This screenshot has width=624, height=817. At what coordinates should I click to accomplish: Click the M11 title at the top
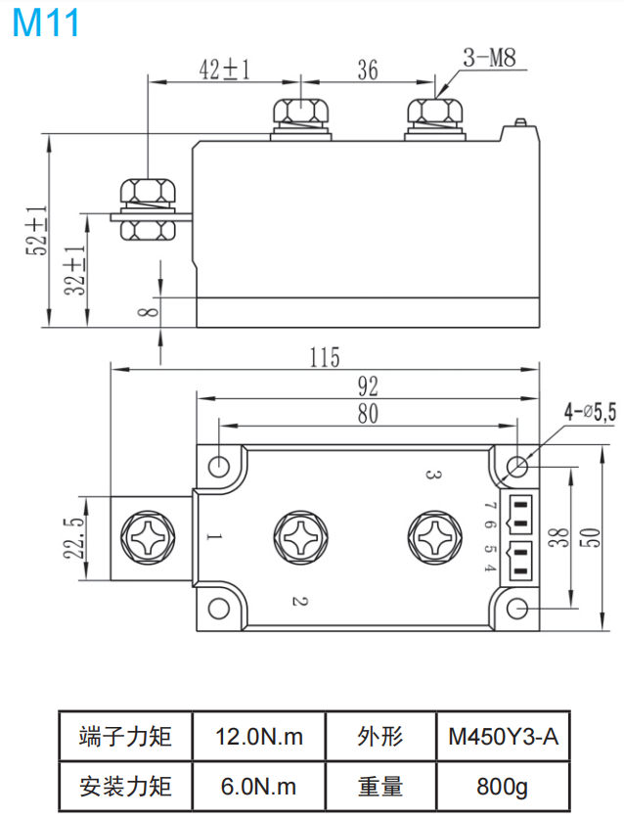(46, 23)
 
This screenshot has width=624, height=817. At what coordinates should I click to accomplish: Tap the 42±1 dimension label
(225, 69)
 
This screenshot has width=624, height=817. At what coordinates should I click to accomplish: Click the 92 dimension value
(368, 386)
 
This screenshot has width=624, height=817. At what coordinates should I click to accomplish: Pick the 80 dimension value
(368, 414)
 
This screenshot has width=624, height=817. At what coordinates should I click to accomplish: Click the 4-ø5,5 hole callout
(589, 413)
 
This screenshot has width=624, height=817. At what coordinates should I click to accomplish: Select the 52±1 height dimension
(36, 231)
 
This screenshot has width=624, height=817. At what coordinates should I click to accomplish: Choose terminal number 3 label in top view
(431, 475)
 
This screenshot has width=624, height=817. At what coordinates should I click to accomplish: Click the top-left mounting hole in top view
(220, 464)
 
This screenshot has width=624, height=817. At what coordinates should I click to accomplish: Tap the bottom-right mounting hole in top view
(518, 611)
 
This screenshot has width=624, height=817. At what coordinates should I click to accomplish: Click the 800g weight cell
(503, 786)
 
